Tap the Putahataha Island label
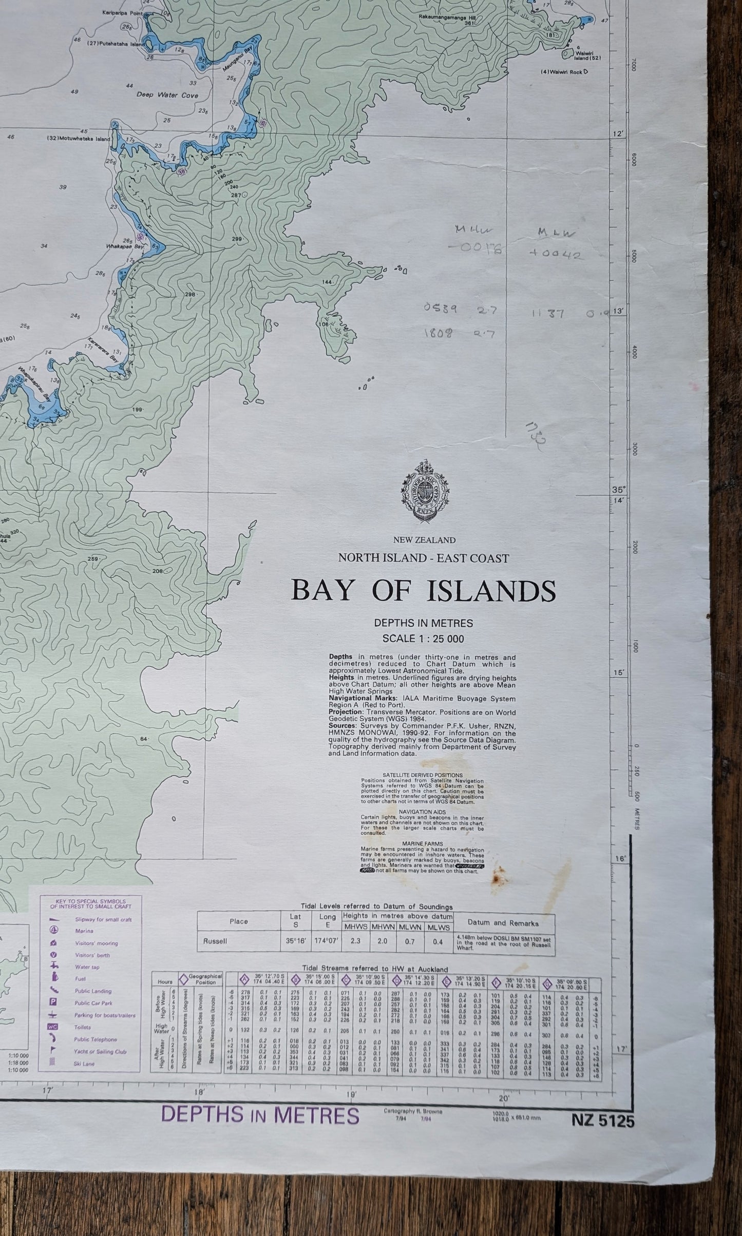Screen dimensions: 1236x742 (x=117, y=44)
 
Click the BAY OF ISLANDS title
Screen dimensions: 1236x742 (x=423, y=591)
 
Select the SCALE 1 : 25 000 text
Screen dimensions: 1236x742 (x=424, y=639)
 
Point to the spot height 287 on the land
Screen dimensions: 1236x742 (x=236, y=195)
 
